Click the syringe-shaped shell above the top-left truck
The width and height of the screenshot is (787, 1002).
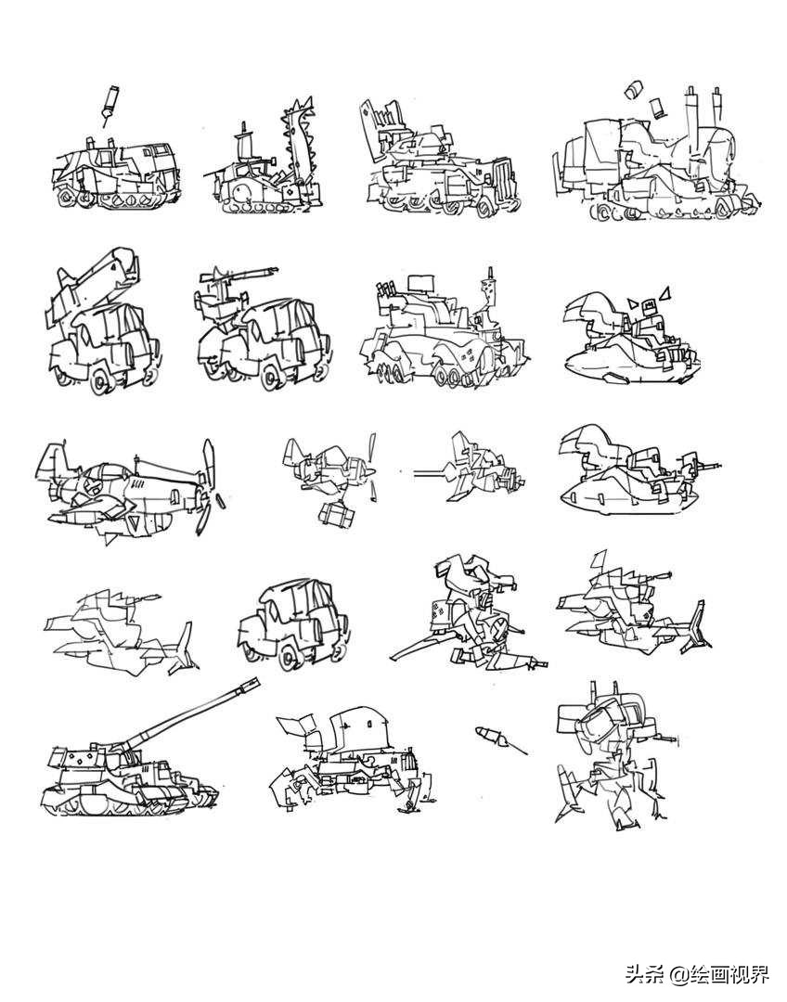point(110,104)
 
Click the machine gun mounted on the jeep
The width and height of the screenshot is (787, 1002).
point(238,278)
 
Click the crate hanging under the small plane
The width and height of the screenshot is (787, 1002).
point(338,514)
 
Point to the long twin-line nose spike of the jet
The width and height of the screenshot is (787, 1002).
point(432,474)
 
